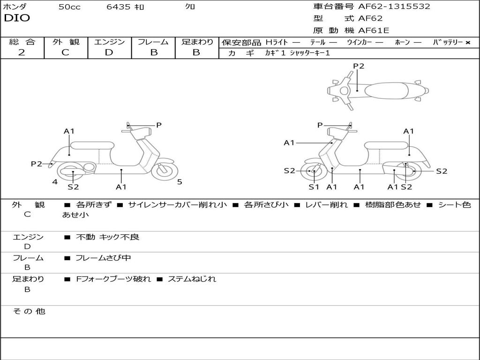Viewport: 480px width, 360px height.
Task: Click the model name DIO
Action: (x=17, y=18)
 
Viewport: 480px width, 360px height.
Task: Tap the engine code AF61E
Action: (x=374, y=31)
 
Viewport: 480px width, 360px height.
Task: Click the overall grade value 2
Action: (x=22, y=52)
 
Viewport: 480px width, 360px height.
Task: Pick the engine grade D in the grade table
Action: (x=109, y=52)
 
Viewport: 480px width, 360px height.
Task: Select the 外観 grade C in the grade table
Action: (x=65, y=52)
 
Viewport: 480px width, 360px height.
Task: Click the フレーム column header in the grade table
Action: (x=153, y=42)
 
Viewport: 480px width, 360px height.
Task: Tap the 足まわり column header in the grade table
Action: (x=197, y=42)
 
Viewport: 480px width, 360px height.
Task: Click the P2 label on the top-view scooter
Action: (x=359, y=66)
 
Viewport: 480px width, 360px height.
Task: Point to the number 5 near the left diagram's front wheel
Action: (x=180, y=182)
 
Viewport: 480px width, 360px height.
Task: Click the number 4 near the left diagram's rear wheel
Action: (x=55, y=182)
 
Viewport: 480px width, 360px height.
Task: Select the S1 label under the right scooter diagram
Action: (x=314, y=187)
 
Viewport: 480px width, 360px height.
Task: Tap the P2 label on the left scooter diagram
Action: (x=37, y=164)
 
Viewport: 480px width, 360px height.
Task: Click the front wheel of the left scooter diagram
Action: (x=165, y=170)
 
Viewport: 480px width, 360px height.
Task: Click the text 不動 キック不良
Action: (x=107, y=237)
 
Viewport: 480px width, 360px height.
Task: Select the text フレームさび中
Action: (x=103, y=258)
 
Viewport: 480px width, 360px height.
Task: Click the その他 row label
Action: (x=29, y=311)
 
